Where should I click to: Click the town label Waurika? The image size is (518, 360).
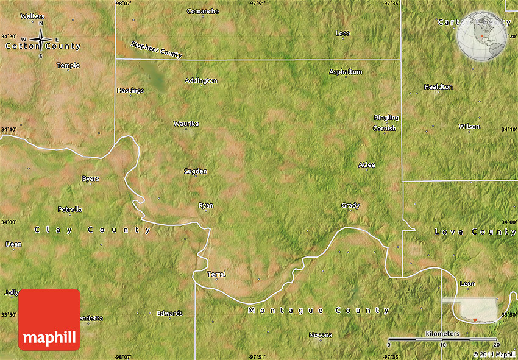(x=186, y=124)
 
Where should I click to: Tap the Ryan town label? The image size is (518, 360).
(x=206, y=205)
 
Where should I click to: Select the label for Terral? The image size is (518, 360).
(x=216, y=274)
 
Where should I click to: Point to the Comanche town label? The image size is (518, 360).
(x=203, y=11)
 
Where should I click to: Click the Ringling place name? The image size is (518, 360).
(x=386, y=118)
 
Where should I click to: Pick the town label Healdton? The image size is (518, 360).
(x=439, y=86)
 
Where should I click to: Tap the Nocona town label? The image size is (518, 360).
(x=321, y=335)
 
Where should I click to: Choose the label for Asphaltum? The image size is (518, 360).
(x=346, y=72)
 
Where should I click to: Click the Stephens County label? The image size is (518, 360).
(x=157, y=49)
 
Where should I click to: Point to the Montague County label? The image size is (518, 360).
(x=319, y=311)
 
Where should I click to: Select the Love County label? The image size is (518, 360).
(x=475, y=232)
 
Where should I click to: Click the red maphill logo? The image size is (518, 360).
(x=49, y=319)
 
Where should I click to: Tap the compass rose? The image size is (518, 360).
(x=41, y=40)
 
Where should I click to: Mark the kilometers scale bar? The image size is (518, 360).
(x=442, y=339)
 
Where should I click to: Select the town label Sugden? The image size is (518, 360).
(x=196, y=171)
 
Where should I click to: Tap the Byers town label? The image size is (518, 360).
(x=90, y=178)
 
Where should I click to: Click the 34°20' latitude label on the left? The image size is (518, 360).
(x=9, y=37)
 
